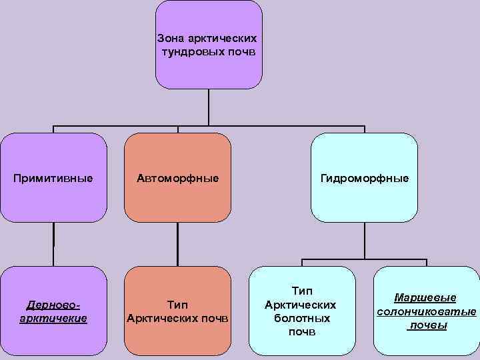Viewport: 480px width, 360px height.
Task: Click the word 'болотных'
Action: (x=301, y=318)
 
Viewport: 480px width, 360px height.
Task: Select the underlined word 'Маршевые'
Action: (x=426, y=297)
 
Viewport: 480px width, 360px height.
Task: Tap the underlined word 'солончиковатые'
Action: (x=426, y=311)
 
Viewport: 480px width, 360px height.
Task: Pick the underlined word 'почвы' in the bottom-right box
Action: (x=427, y=325)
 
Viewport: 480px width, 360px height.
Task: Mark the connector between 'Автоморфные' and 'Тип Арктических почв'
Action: (x=178, y=244)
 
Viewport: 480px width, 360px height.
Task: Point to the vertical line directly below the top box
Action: (x=209, y=107)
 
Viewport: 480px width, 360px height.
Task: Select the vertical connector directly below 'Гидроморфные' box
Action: (x=365, y=240)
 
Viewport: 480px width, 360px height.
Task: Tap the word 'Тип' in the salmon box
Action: (x=177, y=305)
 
